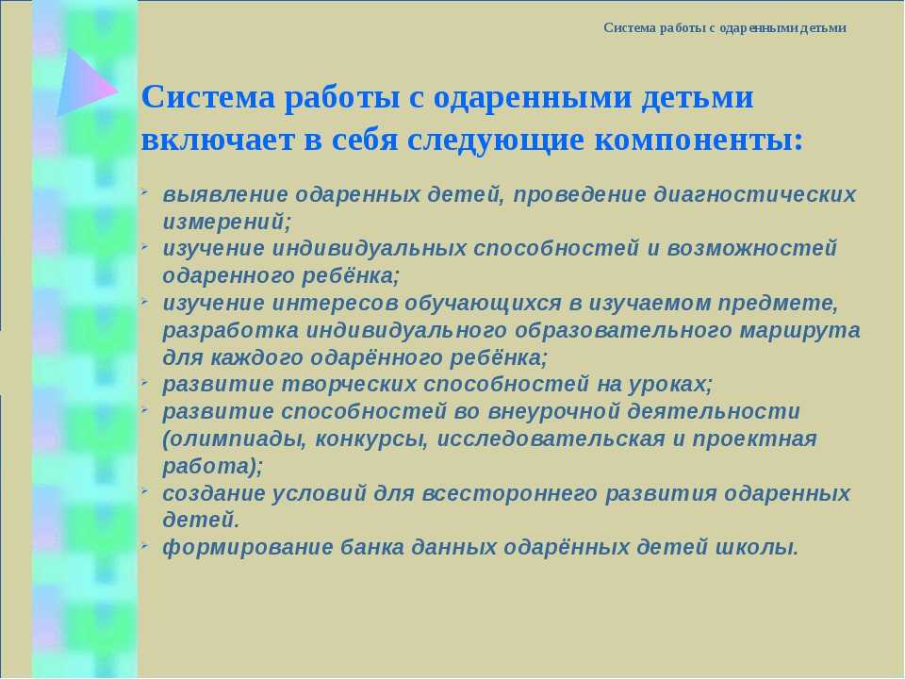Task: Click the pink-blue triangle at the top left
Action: coord(84,84)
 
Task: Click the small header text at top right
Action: coord(725,27)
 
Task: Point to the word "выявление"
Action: coord(225,194)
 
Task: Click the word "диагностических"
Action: coord(755,194)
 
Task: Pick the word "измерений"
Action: coord(224,222)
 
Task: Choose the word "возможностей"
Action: coord(752,248)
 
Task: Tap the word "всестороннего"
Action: coord(510,493)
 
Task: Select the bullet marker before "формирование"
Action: coord(145,543)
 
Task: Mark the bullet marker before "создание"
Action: coord(145,489)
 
